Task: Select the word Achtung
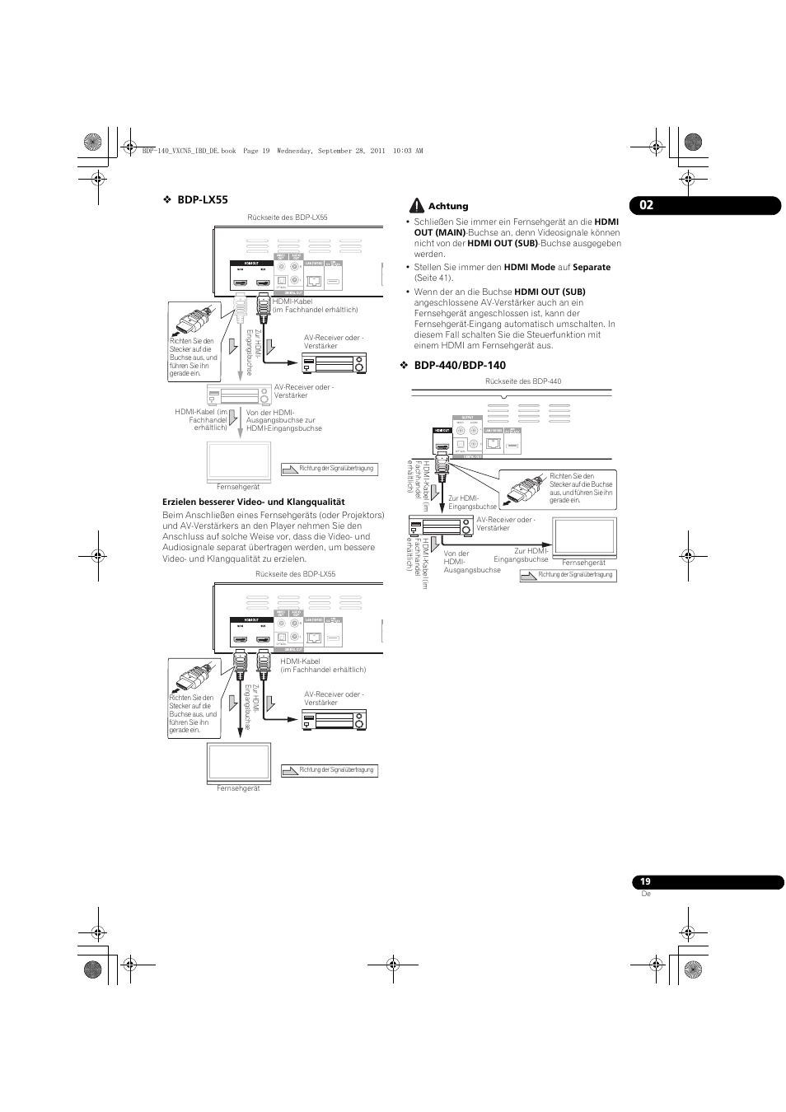click(448, 207)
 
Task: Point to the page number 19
click(646, 882)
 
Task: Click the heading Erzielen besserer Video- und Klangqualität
click(253, 502)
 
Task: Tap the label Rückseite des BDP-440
click(523, 381)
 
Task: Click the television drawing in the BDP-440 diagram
click(583, 536)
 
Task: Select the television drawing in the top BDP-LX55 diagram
click(238, 460)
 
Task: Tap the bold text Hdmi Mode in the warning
click(529, 268)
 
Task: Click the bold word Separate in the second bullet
click(592, 268)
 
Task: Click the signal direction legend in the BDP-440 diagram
click(568, 575)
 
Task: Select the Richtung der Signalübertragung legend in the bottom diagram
click(330, 770)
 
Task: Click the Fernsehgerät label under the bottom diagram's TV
click(238, 788)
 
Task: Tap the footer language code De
click(646, 894)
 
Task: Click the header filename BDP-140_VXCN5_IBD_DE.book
click(189, 152)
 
